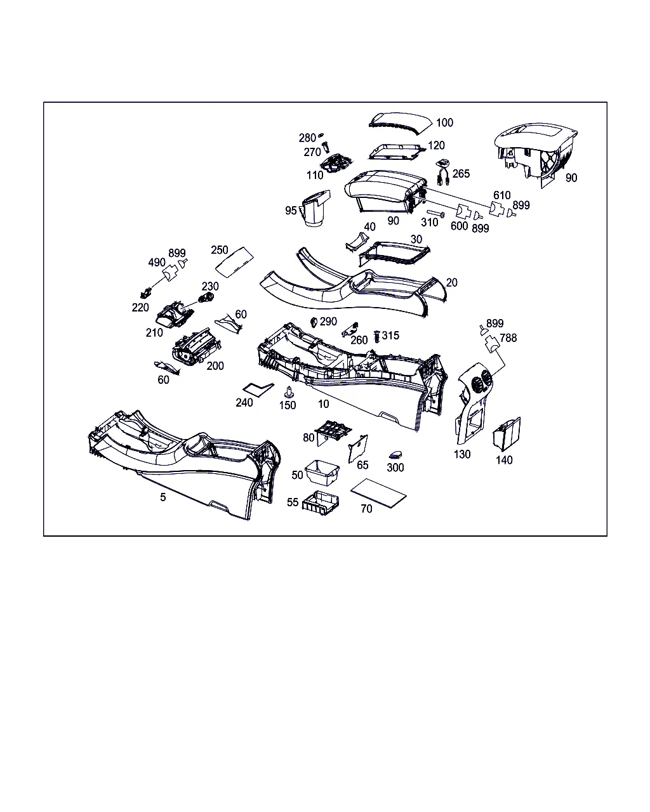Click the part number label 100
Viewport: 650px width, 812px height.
(x=444, y=122)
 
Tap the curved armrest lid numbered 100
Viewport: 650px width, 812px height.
(x=400, y=123)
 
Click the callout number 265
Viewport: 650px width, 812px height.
(x=461, y=174)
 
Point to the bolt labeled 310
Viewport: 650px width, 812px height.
(x=436, y=214)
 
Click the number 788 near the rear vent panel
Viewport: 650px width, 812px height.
(x=508, y=337)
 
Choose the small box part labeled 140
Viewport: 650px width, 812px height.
(x=507, y=434)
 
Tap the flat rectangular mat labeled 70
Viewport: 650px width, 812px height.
(x=378, y=493)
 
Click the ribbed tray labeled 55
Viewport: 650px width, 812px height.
(x=321, y=503)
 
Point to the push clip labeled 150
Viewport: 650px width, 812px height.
(x=289, y=392)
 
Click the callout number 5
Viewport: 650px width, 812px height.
(x=162, y=497)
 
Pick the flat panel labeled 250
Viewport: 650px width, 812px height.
(x=234, y=262)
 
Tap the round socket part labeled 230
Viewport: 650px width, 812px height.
(x=206, y=298)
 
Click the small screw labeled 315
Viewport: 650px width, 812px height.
(x=376, y=337)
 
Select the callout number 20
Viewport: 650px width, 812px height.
(x=451, y=283)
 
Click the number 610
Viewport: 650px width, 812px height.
(x=501, y=195)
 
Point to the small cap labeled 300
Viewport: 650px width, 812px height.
(x=395, y=455)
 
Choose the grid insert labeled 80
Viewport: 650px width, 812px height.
(x=334, y=433)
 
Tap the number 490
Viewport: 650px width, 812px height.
(x=157, y=262)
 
